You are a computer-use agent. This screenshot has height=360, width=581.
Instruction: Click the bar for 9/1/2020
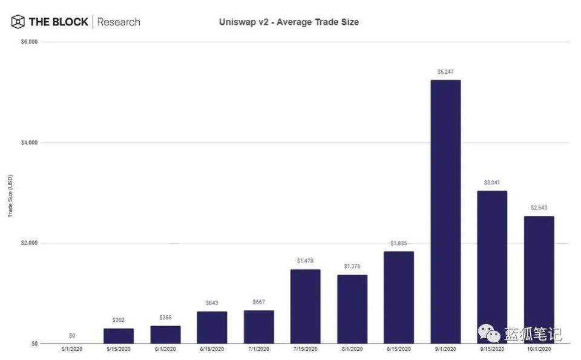coord(445,212)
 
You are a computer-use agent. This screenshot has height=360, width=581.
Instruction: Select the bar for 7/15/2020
coord(305,306)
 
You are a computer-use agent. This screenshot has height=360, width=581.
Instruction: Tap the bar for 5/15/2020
coord(118,336)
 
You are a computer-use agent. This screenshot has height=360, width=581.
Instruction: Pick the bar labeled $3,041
coord(491,267)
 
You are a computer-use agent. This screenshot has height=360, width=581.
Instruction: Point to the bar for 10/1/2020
coord(539,280)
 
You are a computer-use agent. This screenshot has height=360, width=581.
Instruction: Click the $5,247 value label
coord(445,71)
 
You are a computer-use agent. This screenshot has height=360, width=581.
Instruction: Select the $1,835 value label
coord(398,243)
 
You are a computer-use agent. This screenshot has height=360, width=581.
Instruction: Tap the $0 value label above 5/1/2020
coord(71,335)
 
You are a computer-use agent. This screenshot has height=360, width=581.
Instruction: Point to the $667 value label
coord(258,303)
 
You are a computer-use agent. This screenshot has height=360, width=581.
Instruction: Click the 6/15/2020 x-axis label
coord(212,350)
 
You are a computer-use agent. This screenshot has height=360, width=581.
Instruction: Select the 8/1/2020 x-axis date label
coord(352,350)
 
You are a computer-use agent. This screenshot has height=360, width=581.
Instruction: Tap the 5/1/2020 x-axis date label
coord(71,350)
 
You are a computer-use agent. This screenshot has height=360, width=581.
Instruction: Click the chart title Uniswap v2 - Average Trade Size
coord(288,22)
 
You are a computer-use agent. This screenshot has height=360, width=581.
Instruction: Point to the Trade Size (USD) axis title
coord(10,194)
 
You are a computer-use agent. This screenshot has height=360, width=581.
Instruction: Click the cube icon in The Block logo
coord(18,22)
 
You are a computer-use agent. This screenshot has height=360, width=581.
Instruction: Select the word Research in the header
coord(119,22)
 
